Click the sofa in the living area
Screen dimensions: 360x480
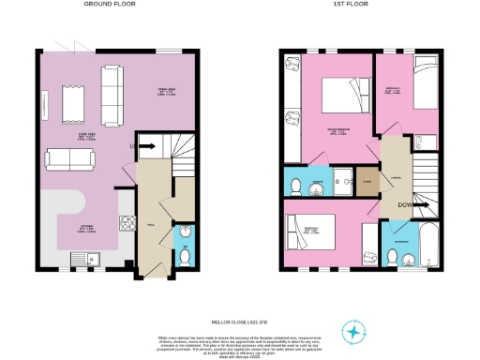pos(70,160)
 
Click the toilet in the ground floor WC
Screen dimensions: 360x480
pos(184,255)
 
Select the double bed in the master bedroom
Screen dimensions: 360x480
pos(337,95)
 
